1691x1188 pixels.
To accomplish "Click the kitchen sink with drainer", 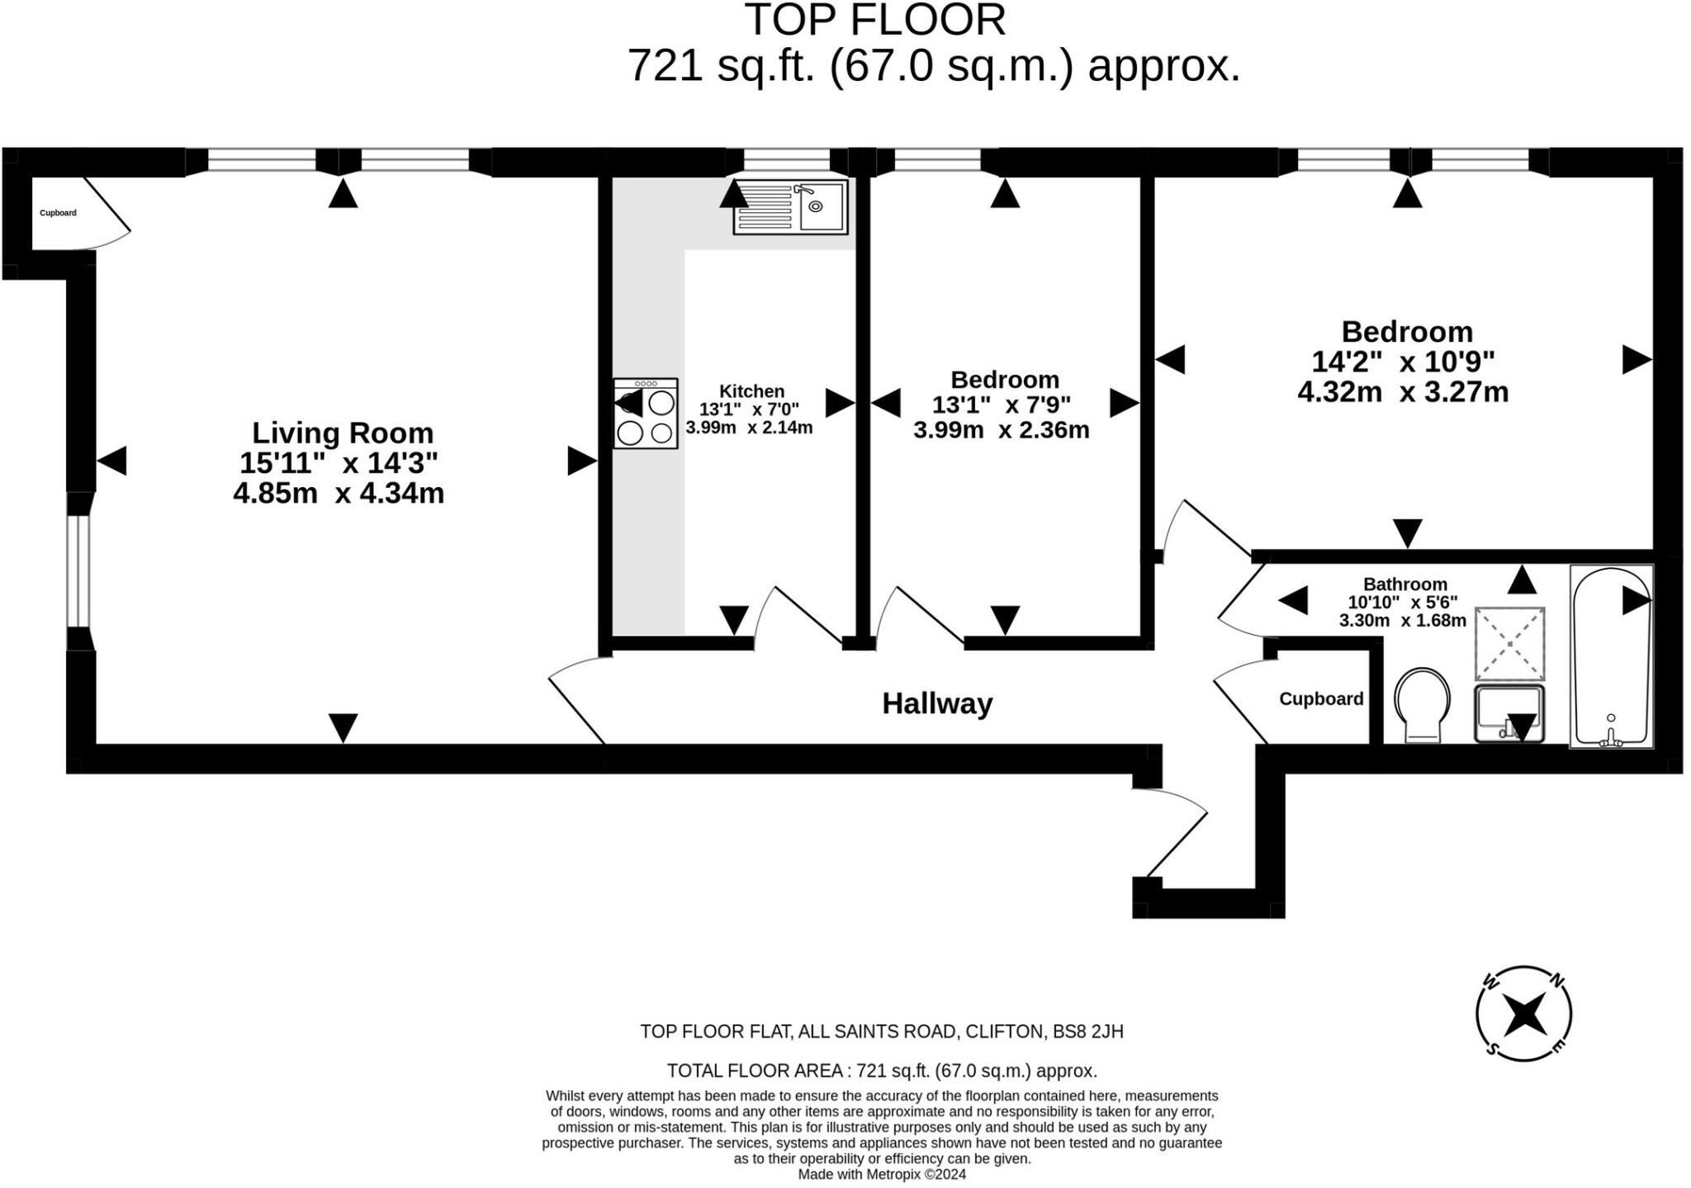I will pos(790,207).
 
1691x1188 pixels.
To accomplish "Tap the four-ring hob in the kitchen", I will pos(645,414).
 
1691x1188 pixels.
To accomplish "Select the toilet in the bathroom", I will pos(1421,704).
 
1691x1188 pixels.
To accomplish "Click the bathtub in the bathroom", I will pos(1611,656).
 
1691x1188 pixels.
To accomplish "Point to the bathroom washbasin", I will pos(1509,712).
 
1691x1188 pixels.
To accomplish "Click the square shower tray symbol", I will pos(1509,643).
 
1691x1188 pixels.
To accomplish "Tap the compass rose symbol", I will pos(1523,1014).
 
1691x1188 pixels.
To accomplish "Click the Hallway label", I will pos(937,704).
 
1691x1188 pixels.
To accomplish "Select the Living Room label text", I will pos(342,433).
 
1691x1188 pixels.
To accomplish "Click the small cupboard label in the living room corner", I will pos(58,213).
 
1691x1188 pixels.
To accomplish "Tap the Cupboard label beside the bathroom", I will pos(1320,699).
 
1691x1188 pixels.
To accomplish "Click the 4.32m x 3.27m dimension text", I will pos(1402,392).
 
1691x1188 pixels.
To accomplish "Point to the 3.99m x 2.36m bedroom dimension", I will pos(1001,430).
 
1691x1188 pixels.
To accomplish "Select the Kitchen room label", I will pos(751,391).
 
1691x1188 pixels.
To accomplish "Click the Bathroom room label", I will pos(1404,584).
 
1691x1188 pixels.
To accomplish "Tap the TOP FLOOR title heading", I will pos(875,20).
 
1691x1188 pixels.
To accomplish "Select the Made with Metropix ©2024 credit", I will pos(881,1175).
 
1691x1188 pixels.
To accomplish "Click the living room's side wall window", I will pos(78,571).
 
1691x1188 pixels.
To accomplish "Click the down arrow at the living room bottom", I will pos(343,727).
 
